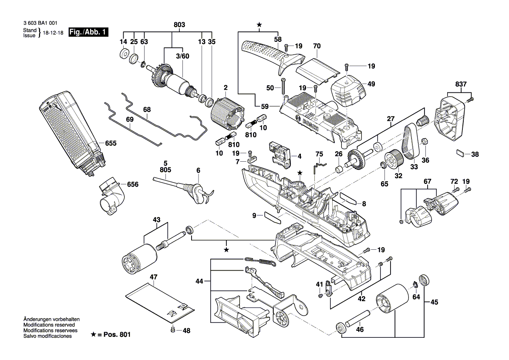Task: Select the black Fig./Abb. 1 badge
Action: click(88, 32)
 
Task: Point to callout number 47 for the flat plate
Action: click(153, 277)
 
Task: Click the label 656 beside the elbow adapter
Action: click(132, 184)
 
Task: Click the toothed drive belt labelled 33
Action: click(411, 143)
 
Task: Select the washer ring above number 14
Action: click(123, 54)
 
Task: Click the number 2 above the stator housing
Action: click(225, 88)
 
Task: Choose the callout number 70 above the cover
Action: click(317, 45)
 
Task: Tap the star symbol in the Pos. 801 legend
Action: click(94, 334)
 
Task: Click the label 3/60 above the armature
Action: click(182, 56)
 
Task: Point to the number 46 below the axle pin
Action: click(360, 330)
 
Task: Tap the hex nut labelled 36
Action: click(424, 141)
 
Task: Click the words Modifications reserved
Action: click(49, 325)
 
